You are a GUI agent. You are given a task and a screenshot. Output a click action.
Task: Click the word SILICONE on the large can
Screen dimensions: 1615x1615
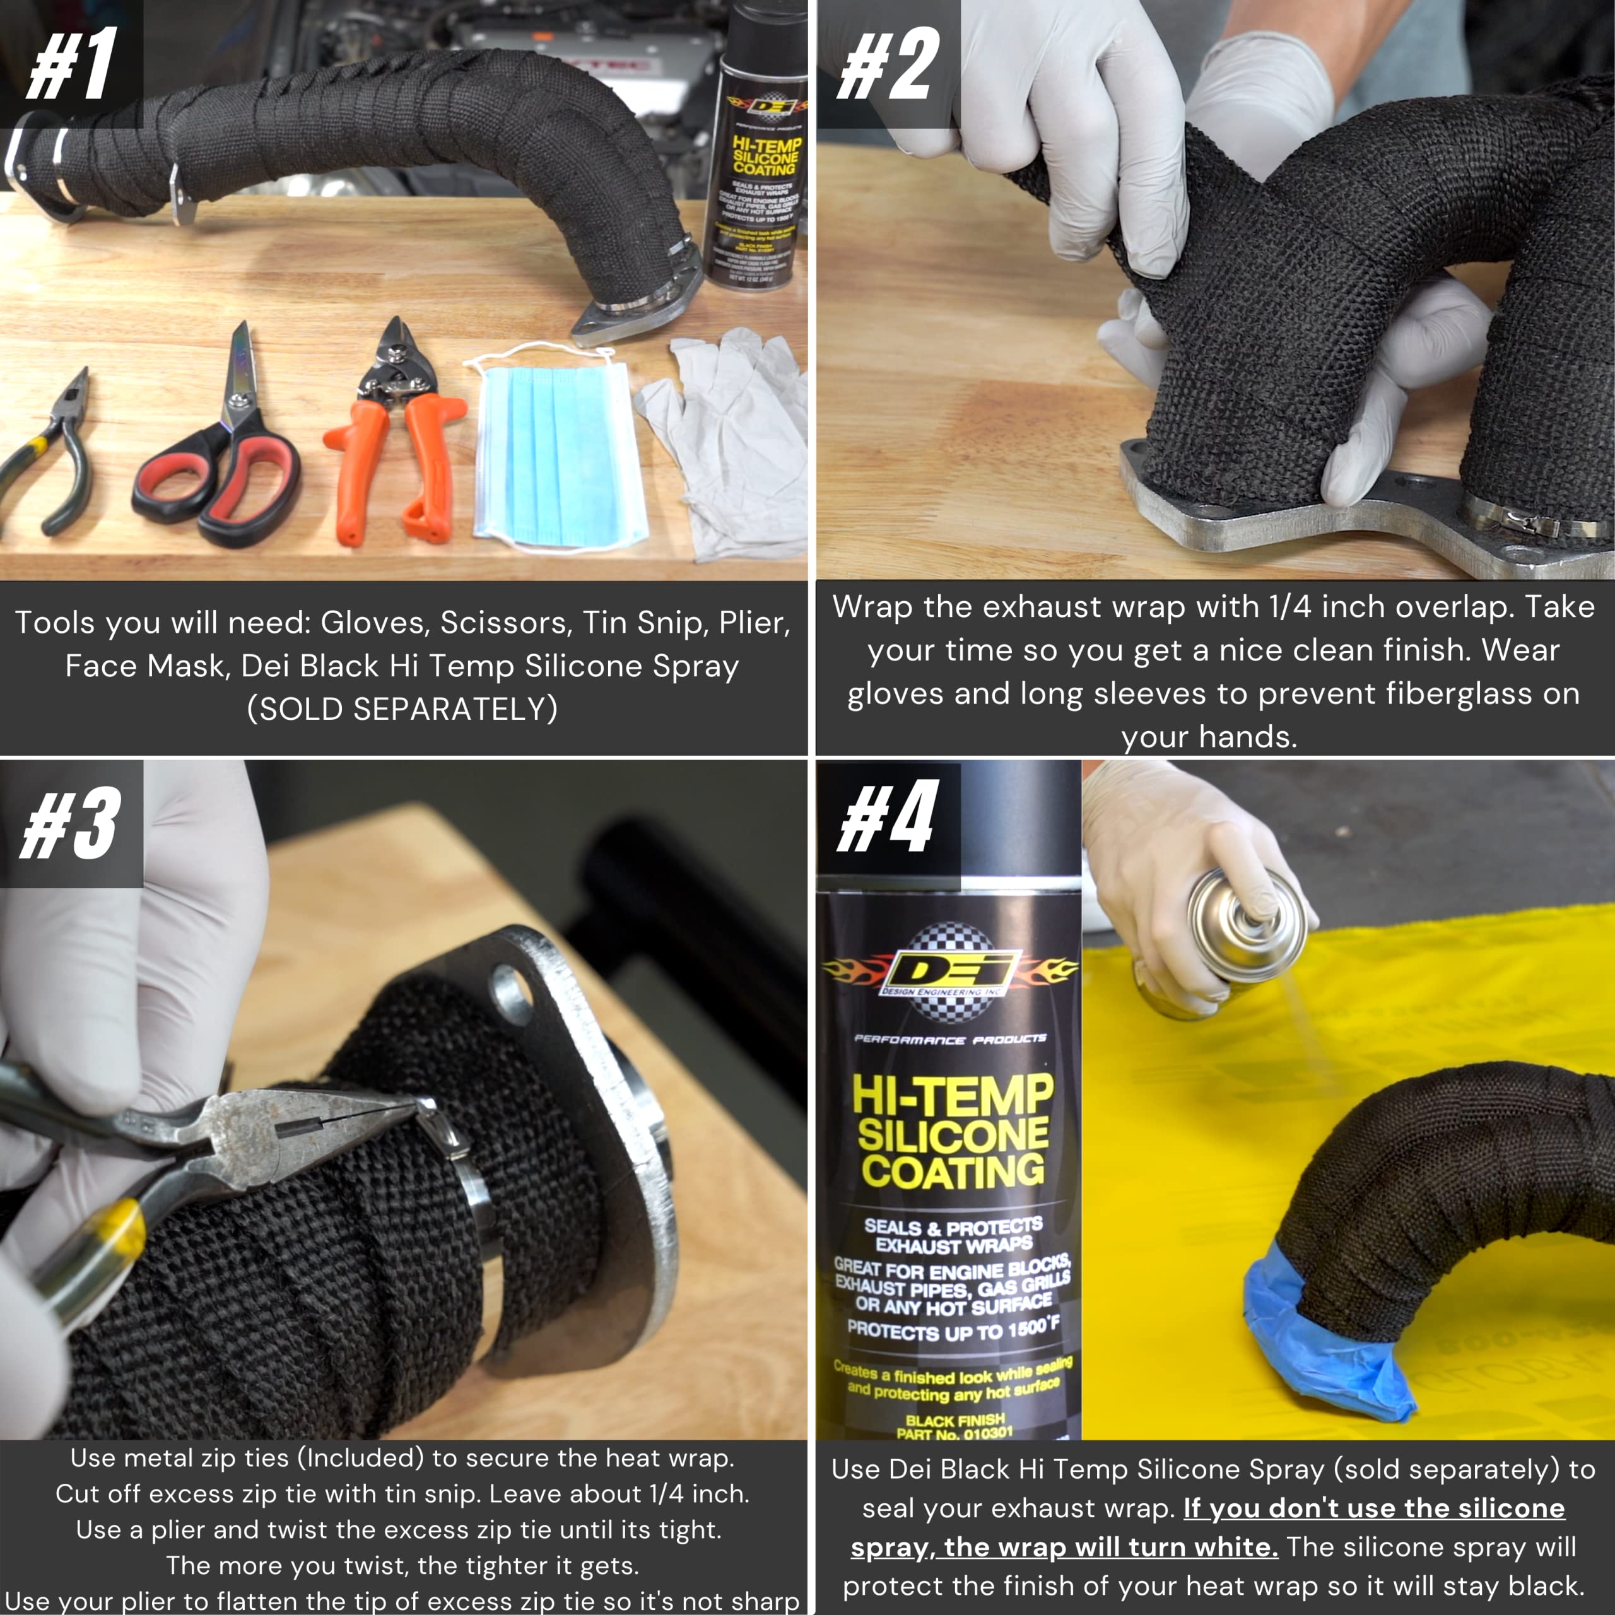pos(953,1135)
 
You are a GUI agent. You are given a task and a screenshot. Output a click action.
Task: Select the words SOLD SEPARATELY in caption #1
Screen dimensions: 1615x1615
pos(403,709)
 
